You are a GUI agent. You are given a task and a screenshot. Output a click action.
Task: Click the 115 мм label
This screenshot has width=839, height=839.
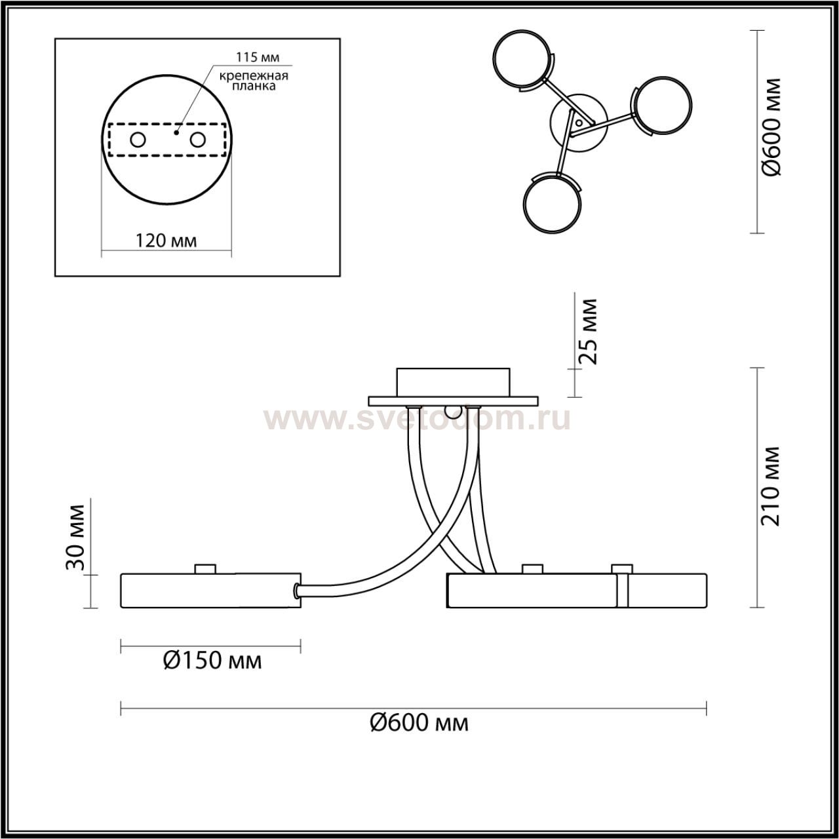tap(258, 57)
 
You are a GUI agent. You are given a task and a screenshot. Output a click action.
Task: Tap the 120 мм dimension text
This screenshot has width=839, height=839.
tap(166, 241)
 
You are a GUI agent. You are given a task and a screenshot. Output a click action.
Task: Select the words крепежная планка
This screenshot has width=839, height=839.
tap(254, 81)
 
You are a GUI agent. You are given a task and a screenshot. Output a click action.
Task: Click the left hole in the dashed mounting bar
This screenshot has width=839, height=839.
tap(138, 140)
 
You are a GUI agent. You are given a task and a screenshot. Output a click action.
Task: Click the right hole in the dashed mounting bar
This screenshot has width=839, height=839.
tap(197, 140)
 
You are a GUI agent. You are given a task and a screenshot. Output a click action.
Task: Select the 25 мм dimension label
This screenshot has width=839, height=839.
tap(587, 331)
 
